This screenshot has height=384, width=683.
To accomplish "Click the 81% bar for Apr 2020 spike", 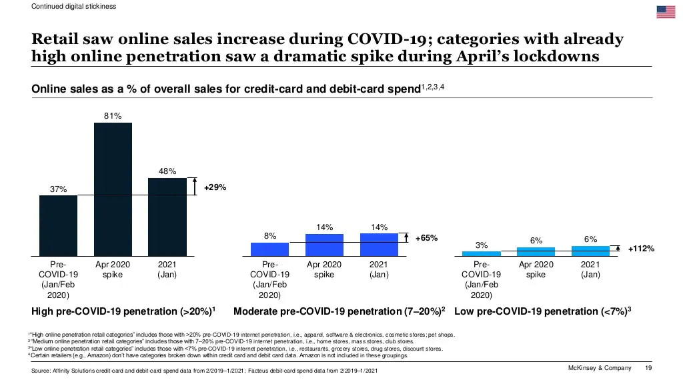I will pos(113,189).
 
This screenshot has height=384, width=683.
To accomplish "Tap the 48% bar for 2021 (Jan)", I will pos(167,217).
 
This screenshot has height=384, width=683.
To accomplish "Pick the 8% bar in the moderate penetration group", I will pos(270,249).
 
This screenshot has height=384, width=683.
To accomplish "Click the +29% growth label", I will pos(215,187).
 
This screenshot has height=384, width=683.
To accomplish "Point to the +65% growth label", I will pos(426,238).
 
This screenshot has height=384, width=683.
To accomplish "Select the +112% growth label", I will pos(641,249).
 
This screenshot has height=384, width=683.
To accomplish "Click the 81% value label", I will pos(113,116).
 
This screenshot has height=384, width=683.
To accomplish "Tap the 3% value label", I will pos(482,245).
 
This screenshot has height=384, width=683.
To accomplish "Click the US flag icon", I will pos(666,11).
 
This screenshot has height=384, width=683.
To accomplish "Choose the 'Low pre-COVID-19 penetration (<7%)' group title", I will pos(542,311).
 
